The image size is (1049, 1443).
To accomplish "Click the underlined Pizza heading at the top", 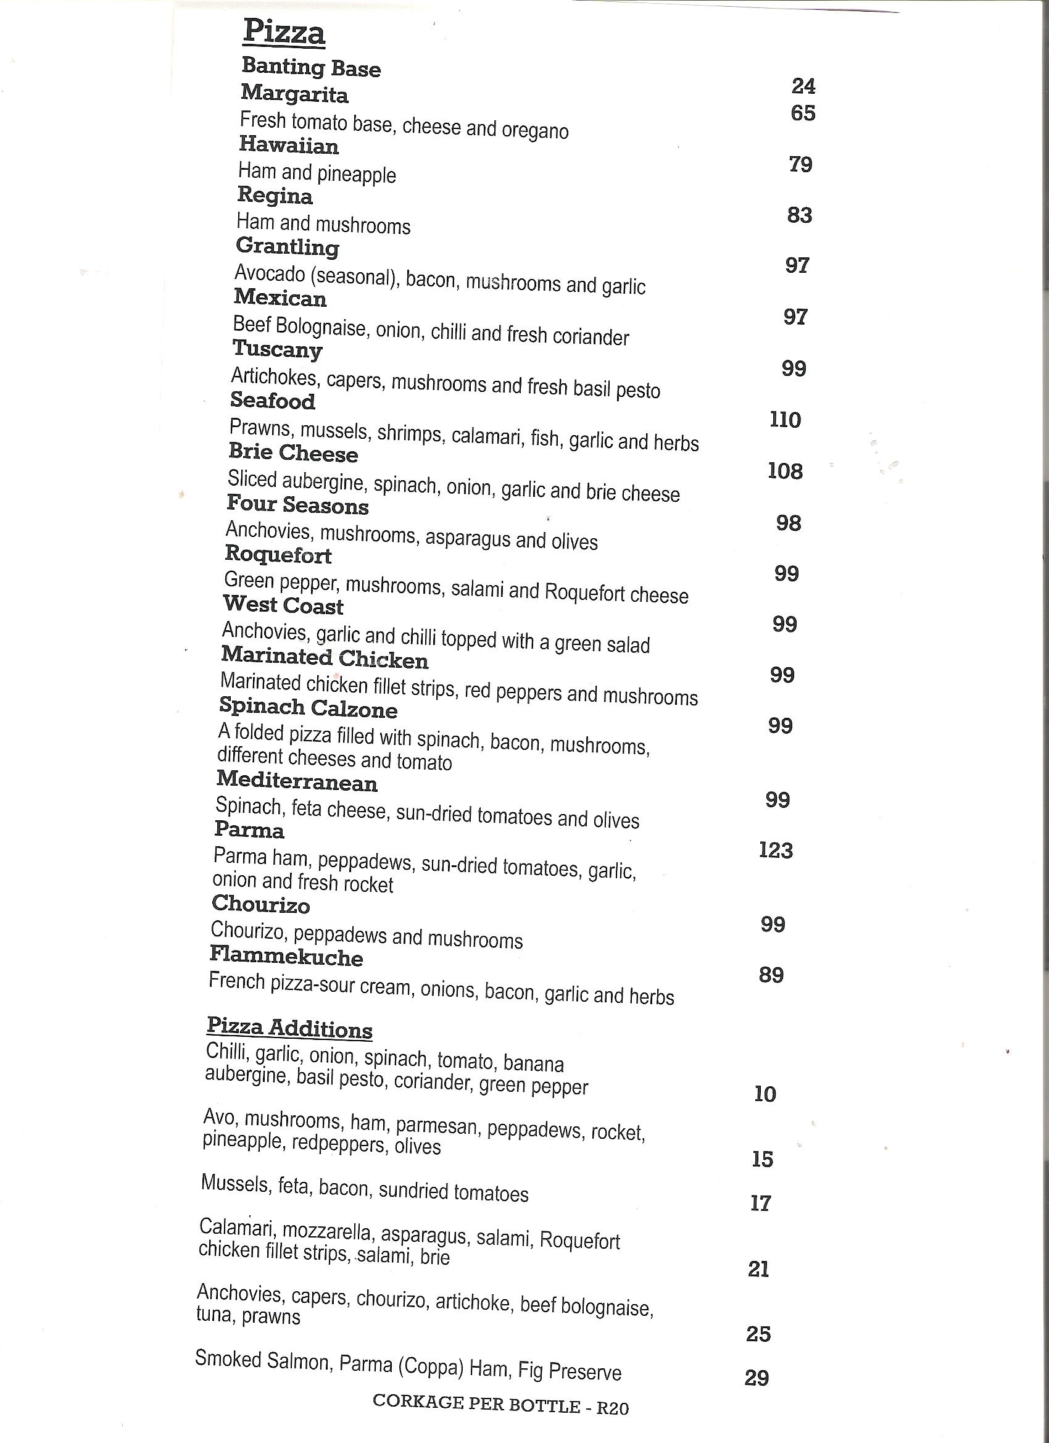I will (284, 32).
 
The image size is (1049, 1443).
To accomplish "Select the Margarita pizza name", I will (294, 94).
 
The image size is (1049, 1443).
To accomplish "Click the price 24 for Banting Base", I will (803, 86).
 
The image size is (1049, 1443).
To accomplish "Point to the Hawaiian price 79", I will (800, 164).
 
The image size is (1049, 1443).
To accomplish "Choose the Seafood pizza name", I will (273, 400).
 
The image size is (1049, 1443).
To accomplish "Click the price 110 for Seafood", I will (785, 419).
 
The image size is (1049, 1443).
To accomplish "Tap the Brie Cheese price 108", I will (785, 471).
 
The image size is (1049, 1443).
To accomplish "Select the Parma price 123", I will (776, 850).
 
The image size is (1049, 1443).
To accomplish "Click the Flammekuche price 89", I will (771, 975).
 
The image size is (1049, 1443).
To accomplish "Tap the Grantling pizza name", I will (287, 246).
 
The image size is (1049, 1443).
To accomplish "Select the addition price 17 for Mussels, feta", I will (760, 1203).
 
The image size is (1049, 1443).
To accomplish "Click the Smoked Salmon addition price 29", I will (757, 1378).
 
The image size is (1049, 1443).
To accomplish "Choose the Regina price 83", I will (799, 215).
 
